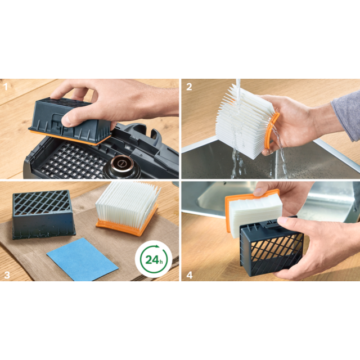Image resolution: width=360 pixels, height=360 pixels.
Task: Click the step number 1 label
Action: (6, 87)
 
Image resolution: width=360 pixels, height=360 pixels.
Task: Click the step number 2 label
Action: (189, 87)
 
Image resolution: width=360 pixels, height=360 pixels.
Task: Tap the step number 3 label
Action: (7, 275)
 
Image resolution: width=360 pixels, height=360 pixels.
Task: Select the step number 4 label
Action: (190, 275)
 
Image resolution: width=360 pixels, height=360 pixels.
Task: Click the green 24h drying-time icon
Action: (154, 259)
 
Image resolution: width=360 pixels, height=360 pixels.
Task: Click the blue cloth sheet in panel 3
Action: (83, 259)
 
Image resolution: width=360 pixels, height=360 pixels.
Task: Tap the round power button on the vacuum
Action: (120, 164)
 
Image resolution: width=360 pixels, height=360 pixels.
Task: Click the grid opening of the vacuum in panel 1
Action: (73, 160)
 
